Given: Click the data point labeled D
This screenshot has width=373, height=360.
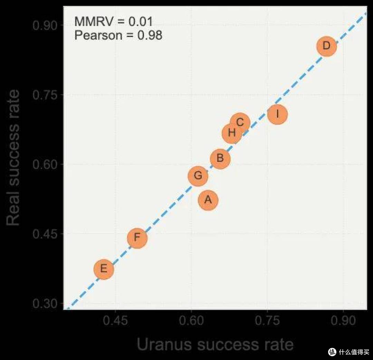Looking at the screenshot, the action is (327, 46).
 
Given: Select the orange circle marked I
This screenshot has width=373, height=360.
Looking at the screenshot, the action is (277, 114).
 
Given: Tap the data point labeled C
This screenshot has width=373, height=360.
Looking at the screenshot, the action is (240, 123).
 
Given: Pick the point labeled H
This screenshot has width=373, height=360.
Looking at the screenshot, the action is (232, 133).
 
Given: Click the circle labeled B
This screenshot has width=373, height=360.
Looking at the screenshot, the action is (220, 159).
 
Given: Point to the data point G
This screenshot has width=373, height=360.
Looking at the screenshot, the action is (198, 176).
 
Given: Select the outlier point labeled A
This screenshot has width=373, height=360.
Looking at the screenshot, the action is (208, 200).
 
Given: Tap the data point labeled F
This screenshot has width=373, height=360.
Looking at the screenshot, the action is (137, 238).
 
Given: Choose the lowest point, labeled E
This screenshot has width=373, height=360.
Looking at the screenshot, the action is (104, 269).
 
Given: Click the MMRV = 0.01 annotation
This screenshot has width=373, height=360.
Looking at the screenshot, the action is (114, 21).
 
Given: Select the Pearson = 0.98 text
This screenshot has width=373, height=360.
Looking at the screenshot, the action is (118, 35).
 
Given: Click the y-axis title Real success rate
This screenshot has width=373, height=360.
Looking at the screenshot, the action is (13, 157).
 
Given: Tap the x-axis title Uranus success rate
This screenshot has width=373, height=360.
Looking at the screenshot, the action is (215, 344).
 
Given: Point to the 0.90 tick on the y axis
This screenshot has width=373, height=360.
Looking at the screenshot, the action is (45, 25).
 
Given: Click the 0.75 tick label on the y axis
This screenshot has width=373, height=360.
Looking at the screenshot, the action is (45, 95).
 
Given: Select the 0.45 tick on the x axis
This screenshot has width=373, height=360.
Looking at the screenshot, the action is (115, 321).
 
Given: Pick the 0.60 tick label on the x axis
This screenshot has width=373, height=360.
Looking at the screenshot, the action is (191, 321).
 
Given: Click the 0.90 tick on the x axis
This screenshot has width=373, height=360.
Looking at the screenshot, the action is (343, 321).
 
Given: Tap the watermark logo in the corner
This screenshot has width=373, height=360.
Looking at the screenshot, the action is (332, 352).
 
